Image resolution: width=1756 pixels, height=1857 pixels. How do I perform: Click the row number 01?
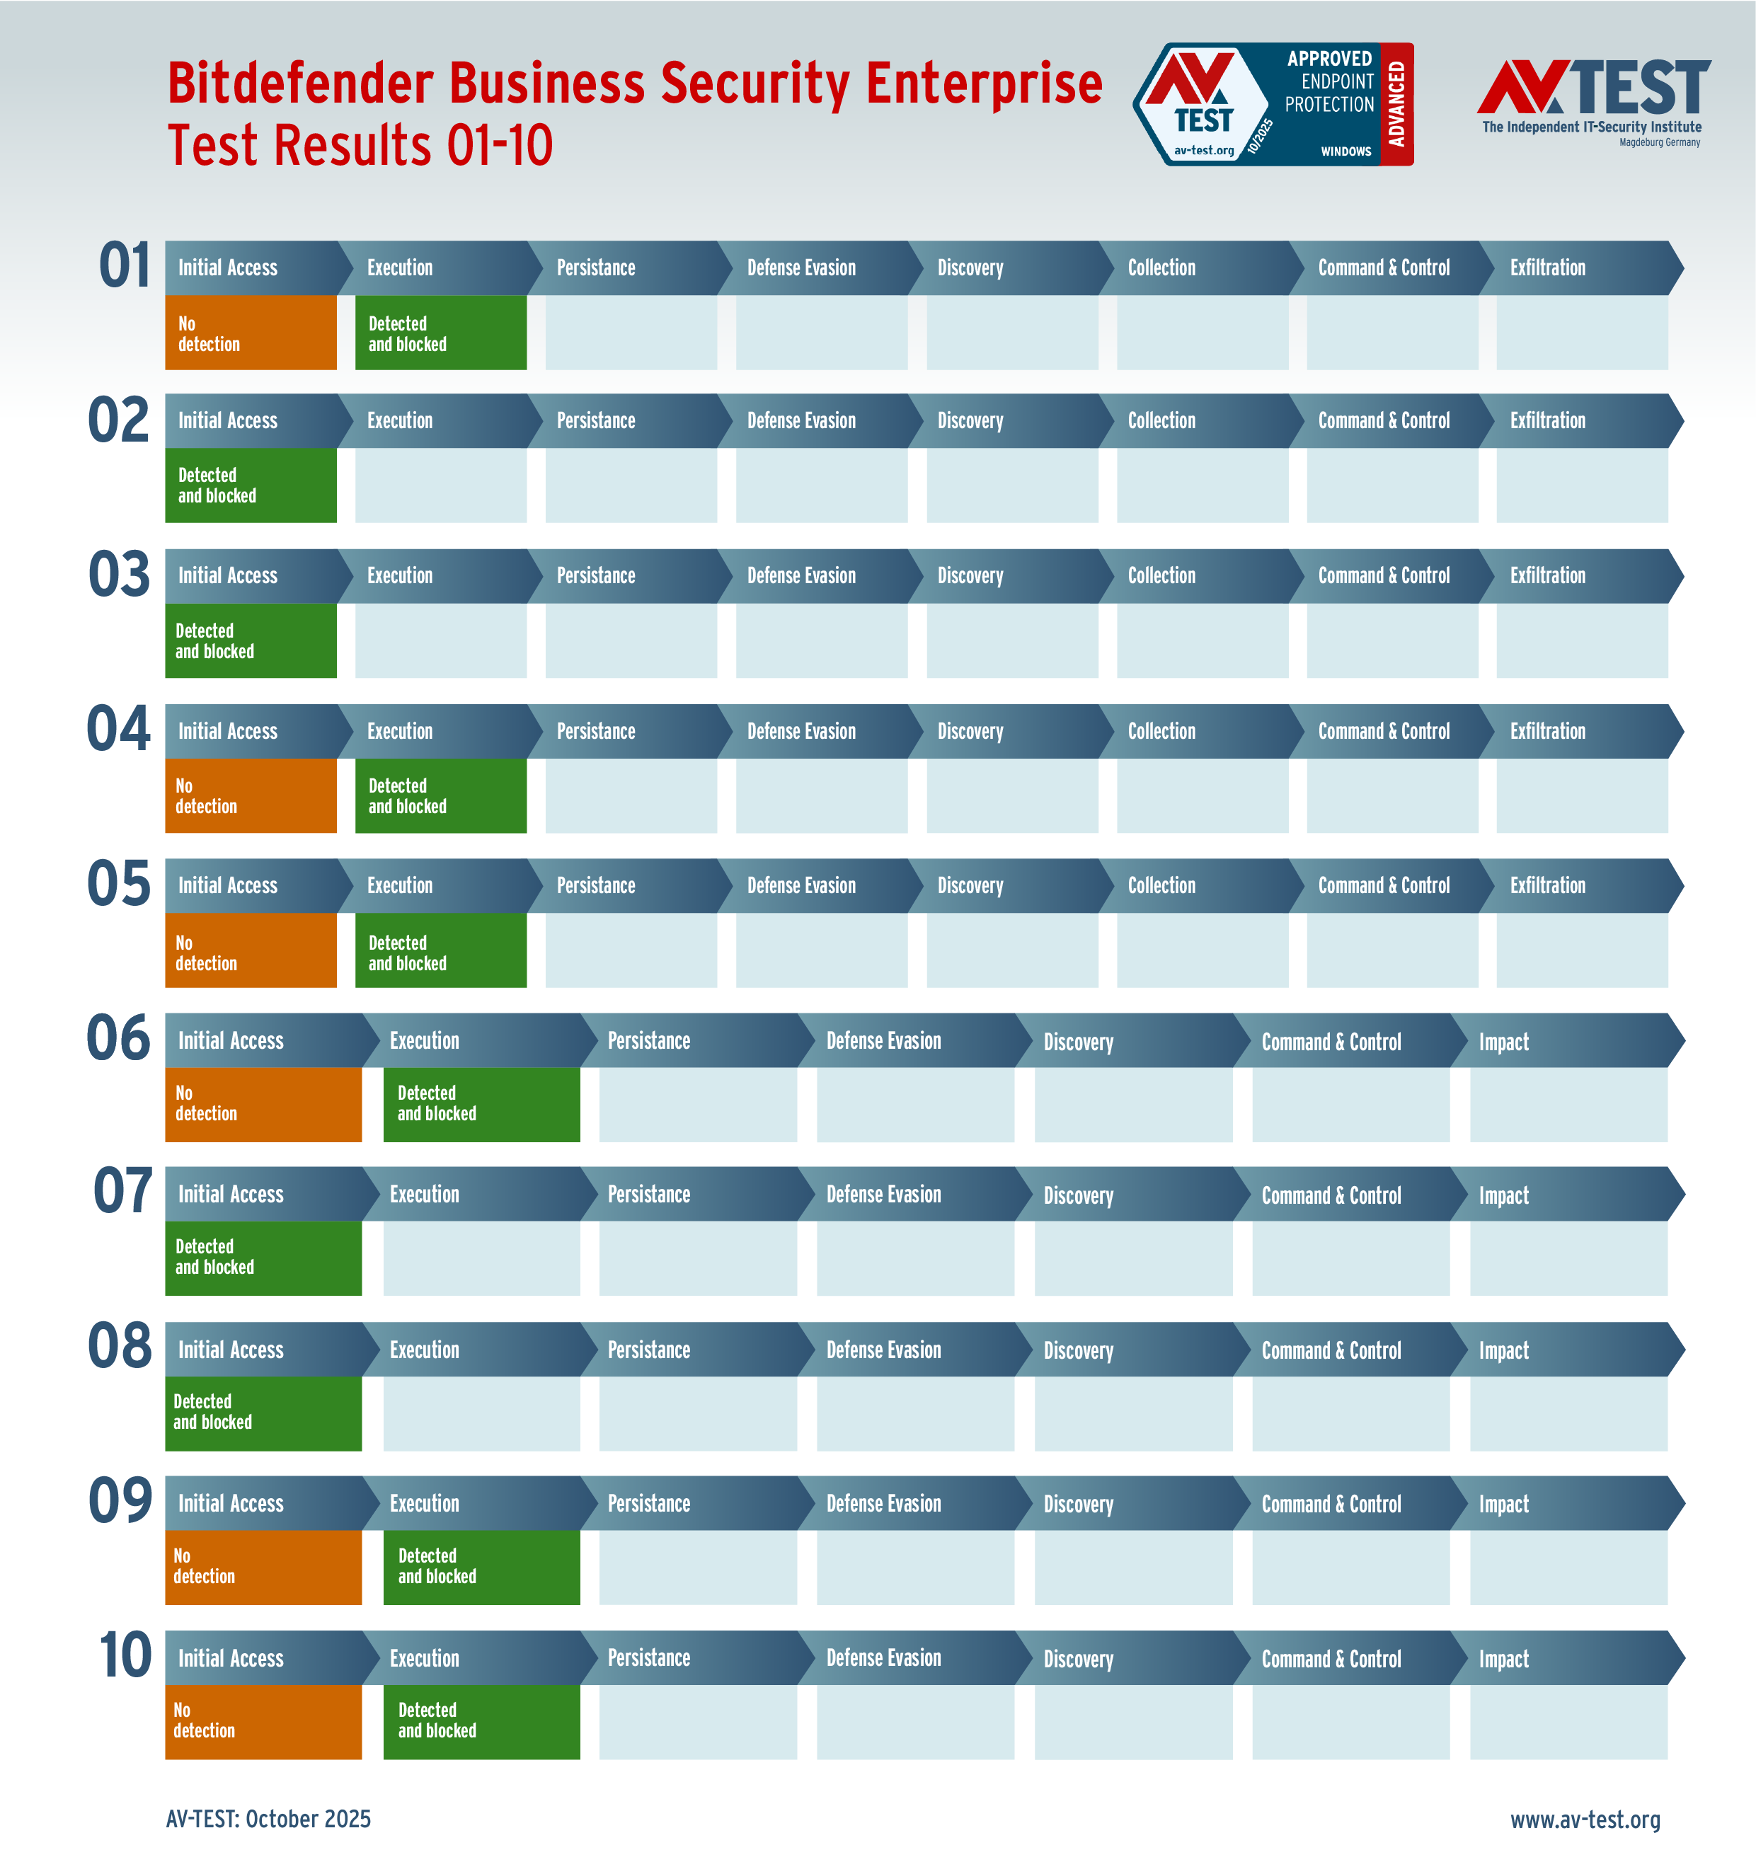point(125,266)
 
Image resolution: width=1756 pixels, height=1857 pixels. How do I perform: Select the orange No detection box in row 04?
point(250,795)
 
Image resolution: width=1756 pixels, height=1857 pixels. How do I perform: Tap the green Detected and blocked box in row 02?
point(250,485)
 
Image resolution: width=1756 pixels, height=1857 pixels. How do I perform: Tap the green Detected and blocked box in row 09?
point(481,1567)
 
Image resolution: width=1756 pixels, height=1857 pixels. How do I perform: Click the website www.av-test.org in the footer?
point(1585,1819)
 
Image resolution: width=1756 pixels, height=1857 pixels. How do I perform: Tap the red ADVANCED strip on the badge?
point(1396,104)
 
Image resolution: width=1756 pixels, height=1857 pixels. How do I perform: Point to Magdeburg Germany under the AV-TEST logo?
point(1660,142)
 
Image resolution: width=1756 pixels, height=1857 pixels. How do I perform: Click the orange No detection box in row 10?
point(263,1721)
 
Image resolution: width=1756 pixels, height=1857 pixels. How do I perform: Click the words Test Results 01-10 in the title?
point(360,146)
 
